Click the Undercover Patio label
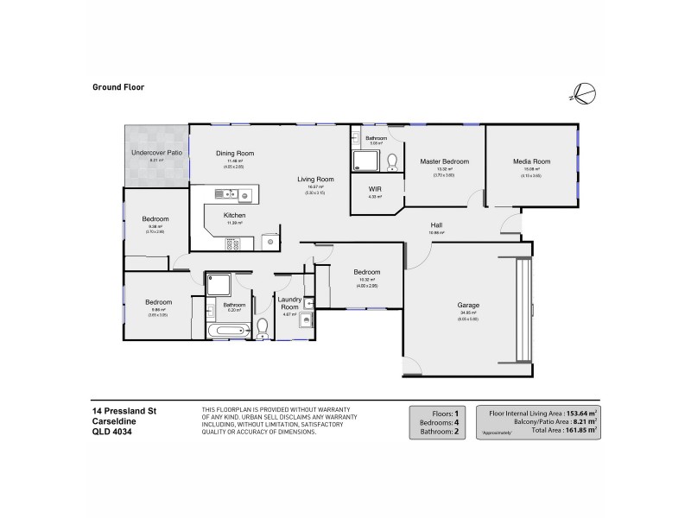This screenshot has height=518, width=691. click(x=156, y=152)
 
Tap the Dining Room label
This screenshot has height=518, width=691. click(x=235, y=153)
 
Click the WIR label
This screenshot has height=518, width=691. click(x=374, y=189)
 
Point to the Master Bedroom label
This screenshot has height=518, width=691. click(x=444, y=161)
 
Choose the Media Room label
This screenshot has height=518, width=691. click(x=531, y=161)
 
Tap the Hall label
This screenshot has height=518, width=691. click(x=437, y=225)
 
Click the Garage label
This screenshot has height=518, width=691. click(x=469, y=306)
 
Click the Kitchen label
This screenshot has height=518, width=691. click(x=235, y=215)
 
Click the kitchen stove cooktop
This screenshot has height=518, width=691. click(x=233, y=244)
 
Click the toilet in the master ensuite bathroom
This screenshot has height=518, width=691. click(x=392, y=161)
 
